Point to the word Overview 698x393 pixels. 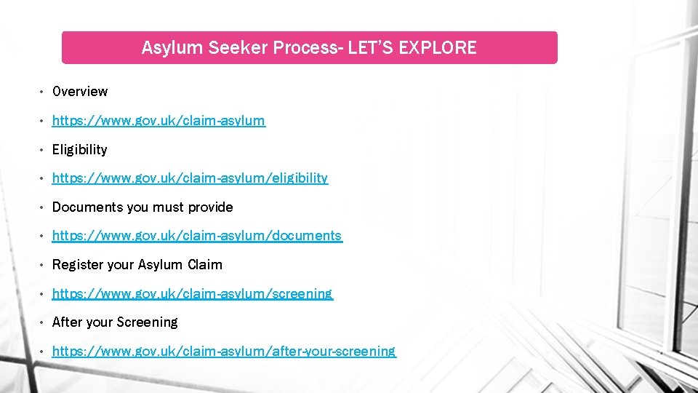(x=80, y=92)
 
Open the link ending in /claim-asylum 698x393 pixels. (x=159, y=120)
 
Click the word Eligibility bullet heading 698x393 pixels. (x=80, y=149)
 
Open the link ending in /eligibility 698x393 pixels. (x=190, y=178)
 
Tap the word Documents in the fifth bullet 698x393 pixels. (x=87, y=207)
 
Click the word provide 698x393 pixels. (x=210, y=207)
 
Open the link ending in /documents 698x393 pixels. (x=196, y=236)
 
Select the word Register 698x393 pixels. (x=78, y=265)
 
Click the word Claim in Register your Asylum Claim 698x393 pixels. (x=205, y=265)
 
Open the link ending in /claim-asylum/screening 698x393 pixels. (x=192, y=294)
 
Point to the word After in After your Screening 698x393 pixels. (x=67, y=322)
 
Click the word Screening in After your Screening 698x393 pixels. (x=149, y=322)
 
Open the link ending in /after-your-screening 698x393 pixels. (x=224, y=352)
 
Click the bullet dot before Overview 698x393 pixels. (x=42, y=92)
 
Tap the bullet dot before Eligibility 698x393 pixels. (x=42, y=150)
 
